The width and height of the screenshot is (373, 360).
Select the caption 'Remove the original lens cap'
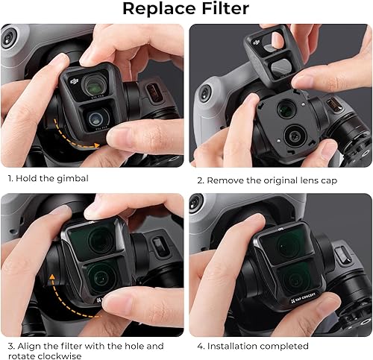coord(283,180)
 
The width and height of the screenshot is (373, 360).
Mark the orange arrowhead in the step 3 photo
coord(53,277)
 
